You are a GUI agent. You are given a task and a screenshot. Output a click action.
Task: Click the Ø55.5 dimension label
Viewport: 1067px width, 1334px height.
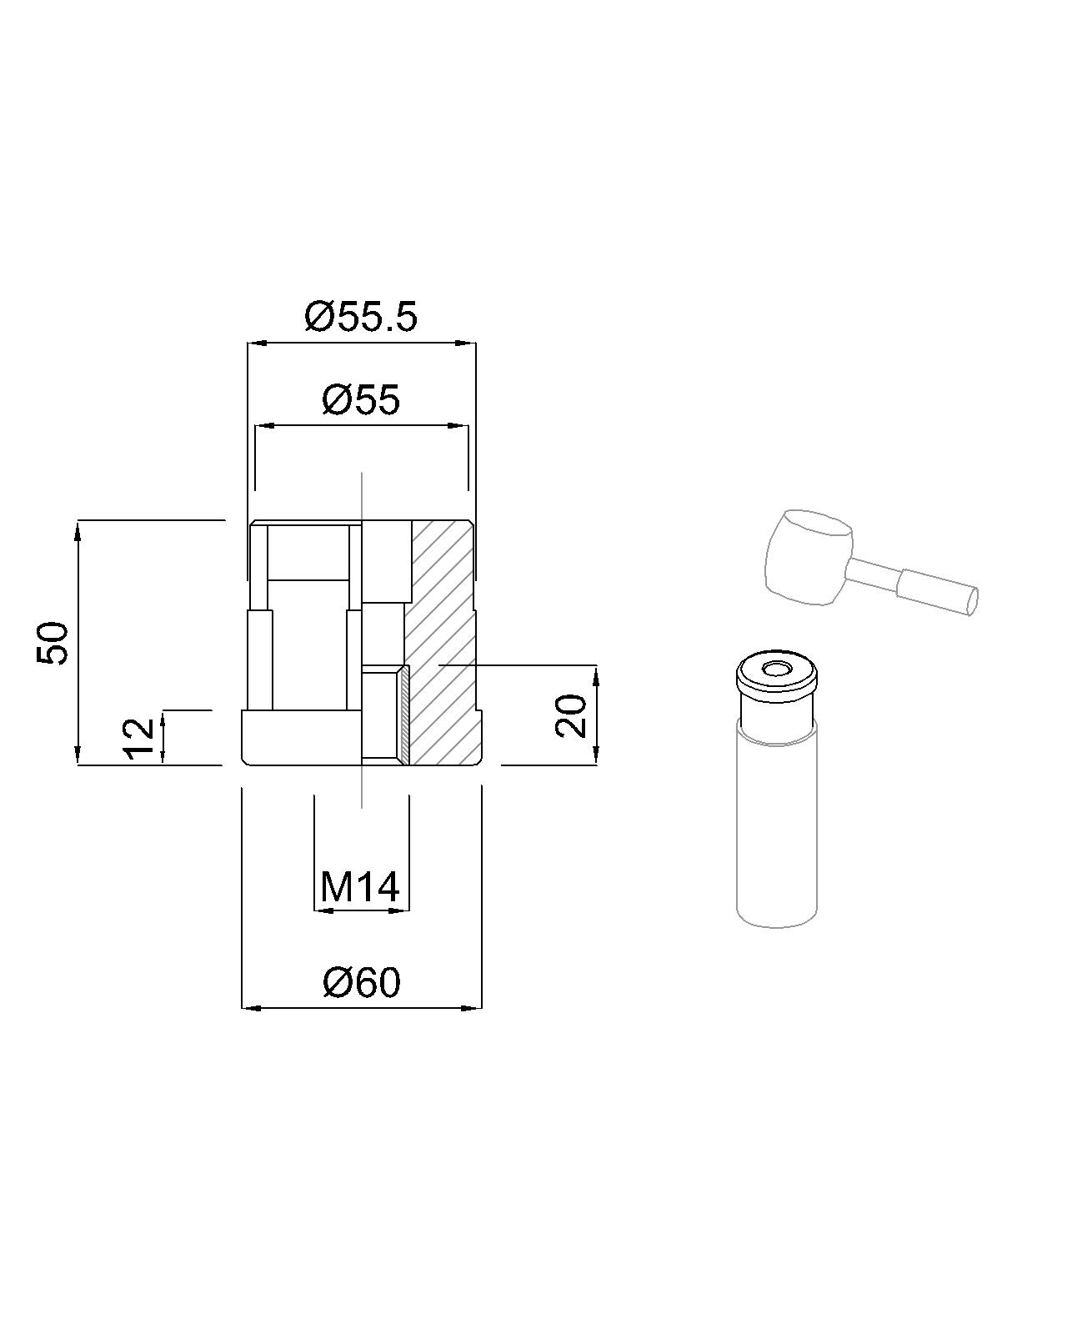point(361,318)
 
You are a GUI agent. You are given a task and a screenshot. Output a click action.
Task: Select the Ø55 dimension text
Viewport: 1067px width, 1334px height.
point(361,399)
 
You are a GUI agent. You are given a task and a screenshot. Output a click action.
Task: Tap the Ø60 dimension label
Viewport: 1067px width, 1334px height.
point(362,982)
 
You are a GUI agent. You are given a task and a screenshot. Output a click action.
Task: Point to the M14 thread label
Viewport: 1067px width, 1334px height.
point(359,887)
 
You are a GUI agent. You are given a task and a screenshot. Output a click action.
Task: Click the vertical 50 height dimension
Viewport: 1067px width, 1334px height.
point(53,643)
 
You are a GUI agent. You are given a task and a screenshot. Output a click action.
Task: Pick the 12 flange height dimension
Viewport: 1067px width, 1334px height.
point(139,738)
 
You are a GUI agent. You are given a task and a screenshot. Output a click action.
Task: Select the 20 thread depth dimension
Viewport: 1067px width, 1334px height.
point(571,716)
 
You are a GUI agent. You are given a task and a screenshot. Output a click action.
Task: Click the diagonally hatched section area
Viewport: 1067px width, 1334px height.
point(442,642)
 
